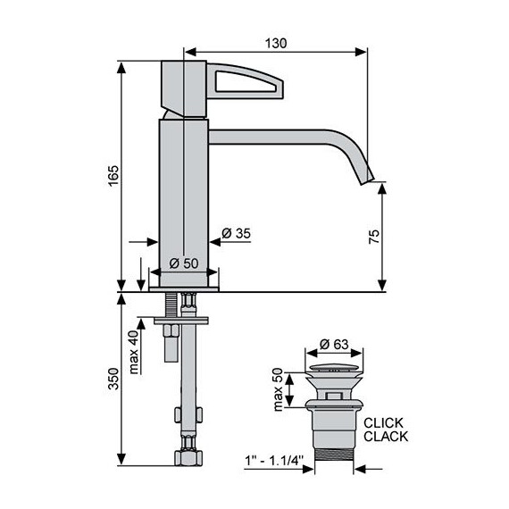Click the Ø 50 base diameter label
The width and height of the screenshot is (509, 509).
point(185,263)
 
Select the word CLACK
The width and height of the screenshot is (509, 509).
point(387,438)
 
